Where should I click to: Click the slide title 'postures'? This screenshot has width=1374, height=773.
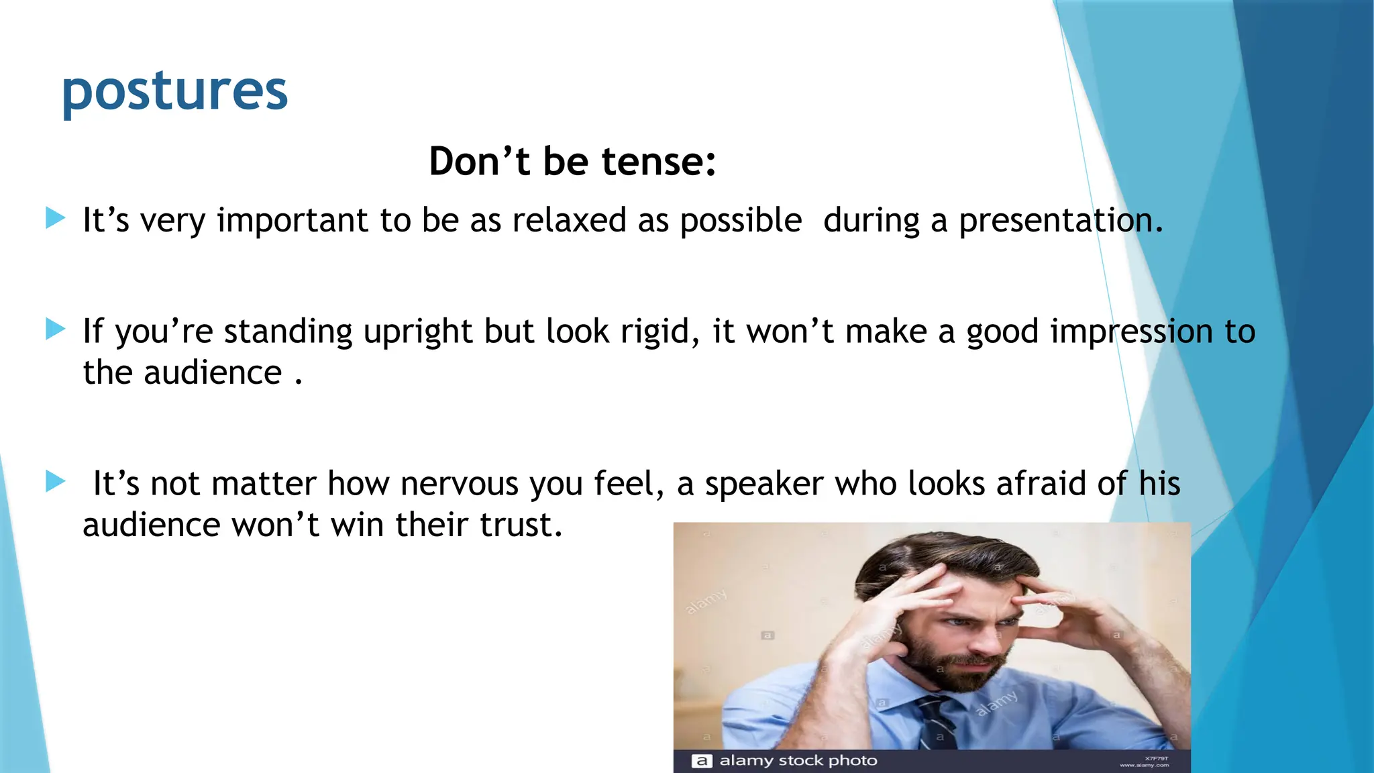[x=174, y=92]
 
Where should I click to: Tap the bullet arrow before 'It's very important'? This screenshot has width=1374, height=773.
[x=55, y=218]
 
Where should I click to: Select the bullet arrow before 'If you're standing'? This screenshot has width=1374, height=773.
[x=55, y=329]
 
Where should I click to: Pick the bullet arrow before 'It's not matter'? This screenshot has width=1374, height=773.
[x=55, y=481]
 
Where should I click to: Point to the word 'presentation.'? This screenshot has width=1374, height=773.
[x=1060, y=221]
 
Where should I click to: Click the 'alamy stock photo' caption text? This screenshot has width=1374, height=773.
[x=798, y=761]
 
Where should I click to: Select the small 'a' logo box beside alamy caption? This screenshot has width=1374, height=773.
[x=701, y=761]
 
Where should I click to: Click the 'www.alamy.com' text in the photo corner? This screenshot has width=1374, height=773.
[x=1144, y=765]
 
